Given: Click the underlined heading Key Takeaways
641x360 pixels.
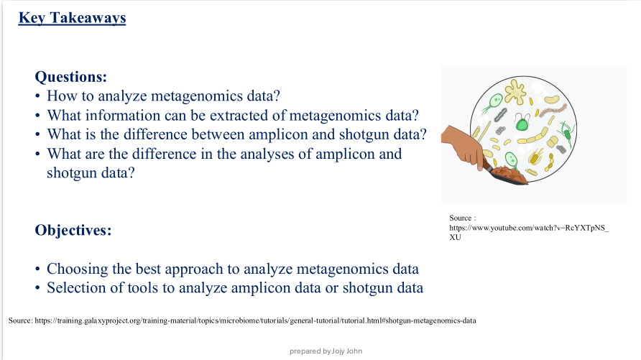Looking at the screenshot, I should click(x=72, y=18).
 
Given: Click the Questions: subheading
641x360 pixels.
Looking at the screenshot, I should click(x=71, y=76).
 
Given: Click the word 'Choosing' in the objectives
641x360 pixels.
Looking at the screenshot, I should click(x=75, y=269).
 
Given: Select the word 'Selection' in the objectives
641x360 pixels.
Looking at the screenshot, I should click(x=75, y=288).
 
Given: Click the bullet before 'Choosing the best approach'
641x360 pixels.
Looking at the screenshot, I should click(x=37, y=270).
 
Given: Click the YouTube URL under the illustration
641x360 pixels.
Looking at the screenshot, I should click(x=528, y=228).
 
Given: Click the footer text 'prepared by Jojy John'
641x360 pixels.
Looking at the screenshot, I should click(x=326, y=351).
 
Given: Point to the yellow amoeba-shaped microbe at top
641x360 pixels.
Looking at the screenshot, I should click(x=515, y=91).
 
